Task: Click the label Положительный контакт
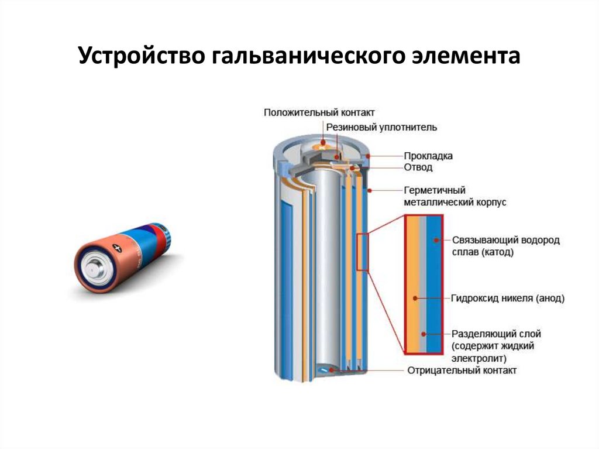pyautogui.click(x=319, y=112)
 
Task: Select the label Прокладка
pyautogui.click(x=428, y=156)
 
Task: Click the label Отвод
pyautogui.click(x=418, y=167)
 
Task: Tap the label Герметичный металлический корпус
pyautogui.click(x=455, y=196)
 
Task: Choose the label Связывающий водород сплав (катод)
pyautogui.click(x=506, y=246)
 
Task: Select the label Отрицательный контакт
pyautogui.click(x=462, y=371)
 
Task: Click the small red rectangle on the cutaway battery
pyautogui.click(x=363, y=252)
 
